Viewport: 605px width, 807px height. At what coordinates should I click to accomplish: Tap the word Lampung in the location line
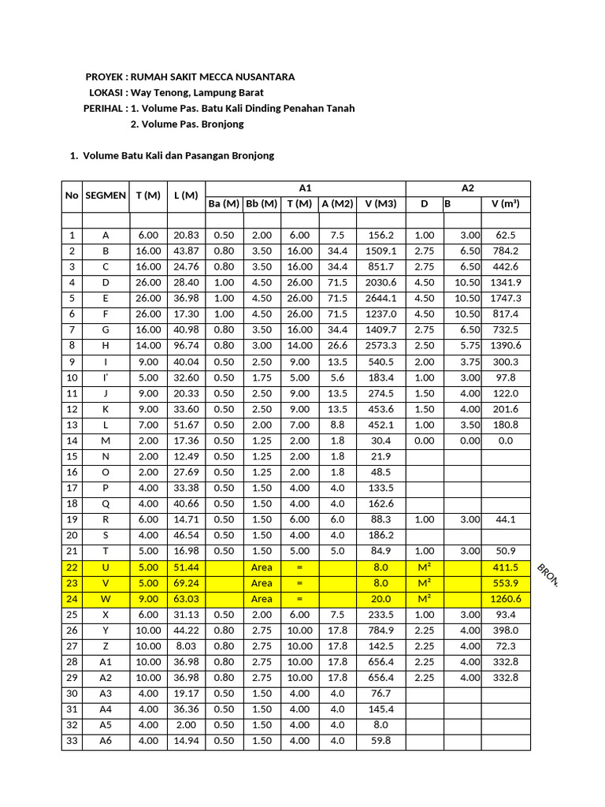pyautogui.click(x=199, y=92)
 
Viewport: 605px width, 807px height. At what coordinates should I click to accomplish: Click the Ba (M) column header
pyautogui.click(x=223, y=204)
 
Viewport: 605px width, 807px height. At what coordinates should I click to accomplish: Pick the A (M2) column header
pyautogui.click(x=337, y=204)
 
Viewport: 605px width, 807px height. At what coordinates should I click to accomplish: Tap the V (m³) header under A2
pyautogui.click(x=506, y=204)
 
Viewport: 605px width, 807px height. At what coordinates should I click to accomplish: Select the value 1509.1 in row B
pyautogui.click(x=381, y=251)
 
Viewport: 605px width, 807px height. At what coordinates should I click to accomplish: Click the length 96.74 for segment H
pyautogui.click(x=186, y=345)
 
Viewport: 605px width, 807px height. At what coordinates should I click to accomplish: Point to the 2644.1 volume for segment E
pyautogui.click(x=381, y=298)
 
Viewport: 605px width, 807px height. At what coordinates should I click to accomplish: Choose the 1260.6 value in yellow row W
pyautogui.click(x=506, y=598)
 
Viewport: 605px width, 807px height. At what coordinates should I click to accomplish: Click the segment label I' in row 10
pyautogui.click(x=106, y=377)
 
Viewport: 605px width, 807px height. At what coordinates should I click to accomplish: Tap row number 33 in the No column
pyautogui.click(x=72, y=740)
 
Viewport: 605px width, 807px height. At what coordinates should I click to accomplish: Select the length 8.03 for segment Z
pyautogui.click(x=186, y=645)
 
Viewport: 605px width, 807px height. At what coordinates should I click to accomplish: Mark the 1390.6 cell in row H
pyautogui.click(x=506, y=345)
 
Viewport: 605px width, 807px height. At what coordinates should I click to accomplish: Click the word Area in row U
pyautogui.click(x=262, y=567)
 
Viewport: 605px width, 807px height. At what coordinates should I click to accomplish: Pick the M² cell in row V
pyautogui.click(x=424, y=582)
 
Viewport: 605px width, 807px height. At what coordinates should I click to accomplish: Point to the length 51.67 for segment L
pyautogui.click(x=186, y=424)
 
